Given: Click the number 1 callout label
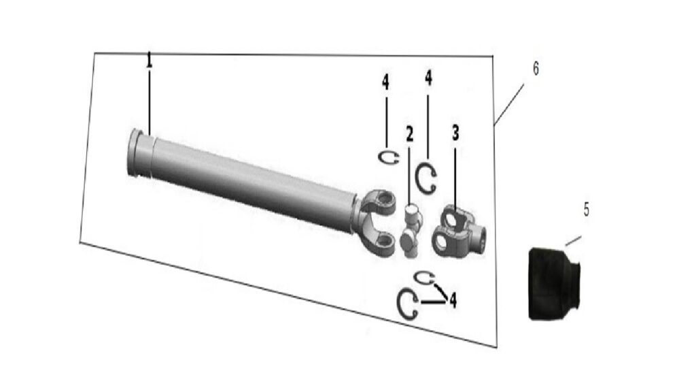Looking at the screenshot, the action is point(150,60).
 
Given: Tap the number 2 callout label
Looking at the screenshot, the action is point(409,134).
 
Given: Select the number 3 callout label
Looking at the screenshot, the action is point(455,133).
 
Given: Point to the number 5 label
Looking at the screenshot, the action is point(587,210).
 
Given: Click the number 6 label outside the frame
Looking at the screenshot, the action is point(536,69).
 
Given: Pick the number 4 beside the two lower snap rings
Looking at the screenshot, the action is point(453,300).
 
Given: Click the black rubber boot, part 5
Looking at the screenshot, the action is point(554,283).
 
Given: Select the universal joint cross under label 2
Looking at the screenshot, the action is point(411,230).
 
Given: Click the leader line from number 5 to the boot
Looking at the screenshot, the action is point(573,240).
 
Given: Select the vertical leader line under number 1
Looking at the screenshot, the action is point(150,102).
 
